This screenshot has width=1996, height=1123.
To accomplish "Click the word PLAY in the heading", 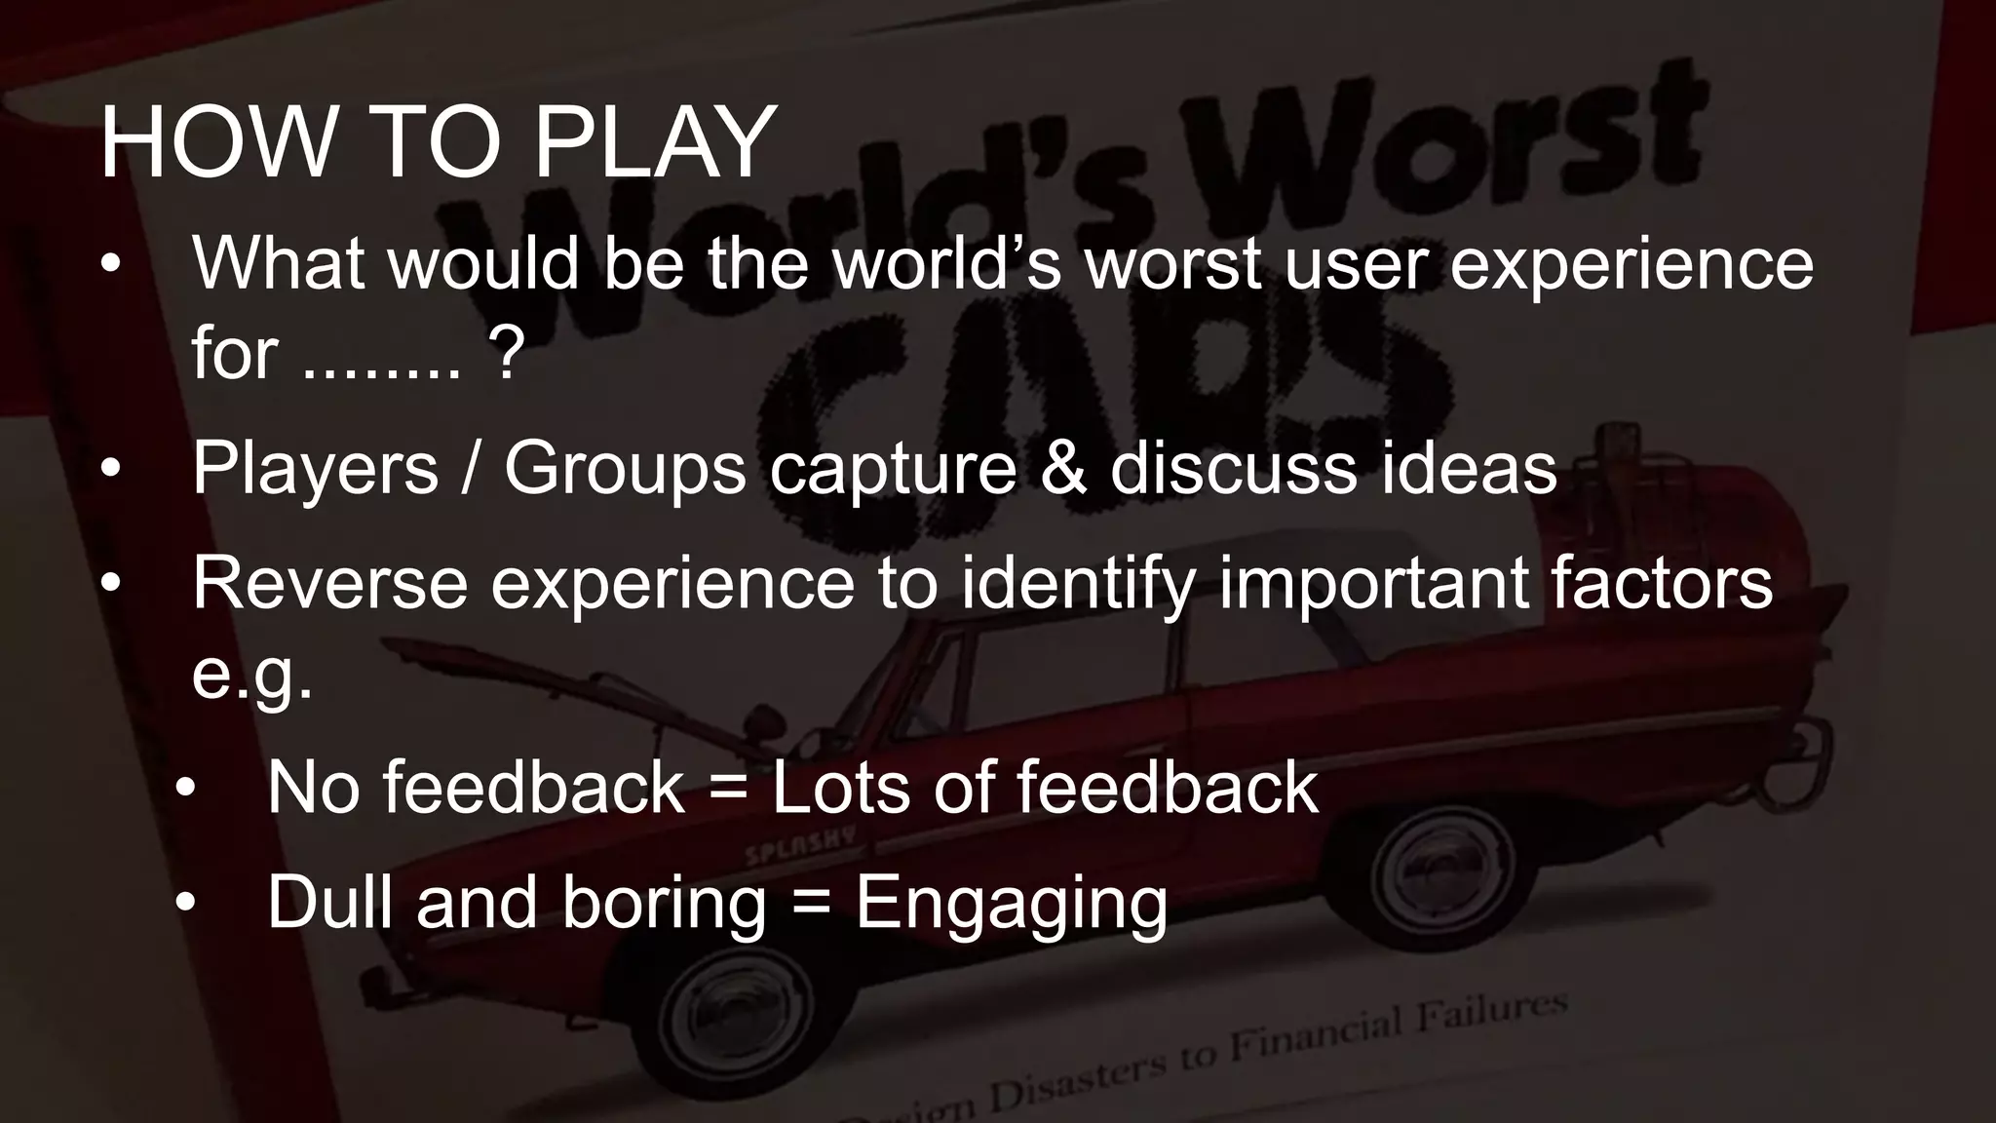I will pyautogui.click(x=655, y=143).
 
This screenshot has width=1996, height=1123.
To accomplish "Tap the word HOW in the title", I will pyautogui.click(x=216, y=143).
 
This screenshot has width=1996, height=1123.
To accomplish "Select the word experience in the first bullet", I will pyautogui.click(x=1631, y=265).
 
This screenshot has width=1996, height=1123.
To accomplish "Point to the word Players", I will pyautogui.click(x=315, y=469).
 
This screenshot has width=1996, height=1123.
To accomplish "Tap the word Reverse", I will pyautogui.click(x=329, y=583).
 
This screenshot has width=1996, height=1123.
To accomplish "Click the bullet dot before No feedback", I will pyautogui.click(x=186, y=789).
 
